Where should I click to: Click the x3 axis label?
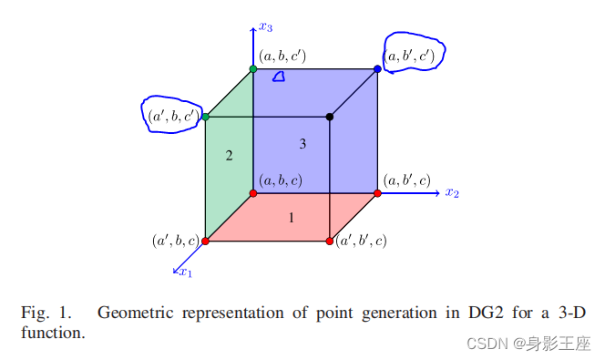(x=266, y=26)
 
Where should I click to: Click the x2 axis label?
(x=452, y=193)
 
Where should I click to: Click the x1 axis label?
(x=186, y=271)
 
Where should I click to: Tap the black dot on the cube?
(x=330, y=117)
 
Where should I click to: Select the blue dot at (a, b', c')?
(x=378, y=69)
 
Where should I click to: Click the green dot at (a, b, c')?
(x=253, y=69)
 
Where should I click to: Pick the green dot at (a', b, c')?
(x=206, y=117)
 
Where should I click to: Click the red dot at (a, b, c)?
(x=253, y=193)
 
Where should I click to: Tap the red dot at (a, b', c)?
(x=378, y=193)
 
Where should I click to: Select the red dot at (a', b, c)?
(x=206, y=241)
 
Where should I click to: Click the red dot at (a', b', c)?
(x=330, y=241)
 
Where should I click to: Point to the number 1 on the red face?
(x=292, y=218)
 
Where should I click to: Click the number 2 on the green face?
(x=230, y=156)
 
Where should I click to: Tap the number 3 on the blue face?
(x=302, y=144)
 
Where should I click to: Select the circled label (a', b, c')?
(x=173, y=116)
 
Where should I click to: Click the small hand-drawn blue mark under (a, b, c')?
(x=279, y=77)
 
